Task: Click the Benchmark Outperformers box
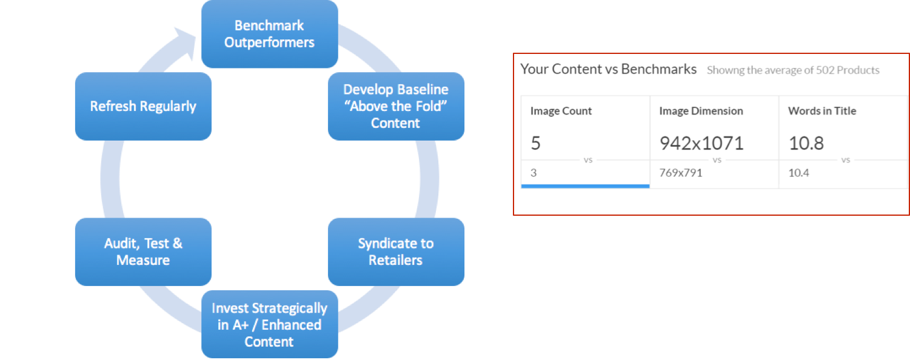270,34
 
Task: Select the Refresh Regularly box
144,107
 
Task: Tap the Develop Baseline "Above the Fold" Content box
396,107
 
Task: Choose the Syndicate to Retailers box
396,252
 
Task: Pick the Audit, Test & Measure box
144,252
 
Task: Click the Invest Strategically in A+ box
270,324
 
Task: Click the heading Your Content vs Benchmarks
608,69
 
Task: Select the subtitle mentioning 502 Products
793,70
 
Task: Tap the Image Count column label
561,111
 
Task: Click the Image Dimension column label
701,111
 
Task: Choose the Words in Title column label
822,111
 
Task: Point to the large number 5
535,143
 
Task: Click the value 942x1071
701,143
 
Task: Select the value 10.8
806,143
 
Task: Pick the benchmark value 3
534,173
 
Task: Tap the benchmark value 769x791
680,173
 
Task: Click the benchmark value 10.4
798,173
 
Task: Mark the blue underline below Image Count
586,186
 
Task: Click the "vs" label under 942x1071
717,160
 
